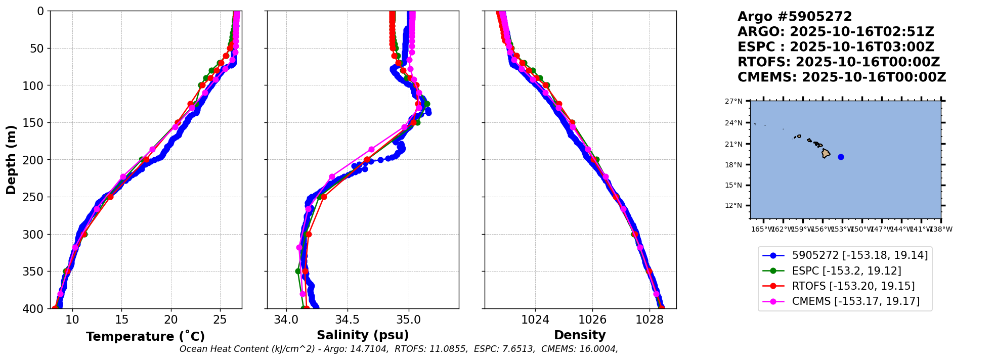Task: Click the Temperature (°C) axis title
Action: coord(145,337)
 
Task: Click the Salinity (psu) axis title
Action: coord(363,335)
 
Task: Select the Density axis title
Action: coord(580,335)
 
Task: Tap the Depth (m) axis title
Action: coord(11,160)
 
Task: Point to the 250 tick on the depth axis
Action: coord(36,197)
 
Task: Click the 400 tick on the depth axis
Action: coord(36,308)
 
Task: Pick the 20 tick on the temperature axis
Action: coord(171,320)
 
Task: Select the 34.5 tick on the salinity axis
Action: coord(348,320)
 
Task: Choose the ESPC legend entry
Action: coord(846,271)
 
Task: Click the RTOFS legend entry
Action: coord(852,286)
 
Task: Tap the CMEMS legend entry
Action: coord(855,301)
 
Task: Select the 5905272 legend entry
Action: coord(859,255)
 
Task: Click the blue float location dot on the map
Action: coord(841,157)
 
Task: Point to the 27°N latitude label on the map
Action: coord(733,101)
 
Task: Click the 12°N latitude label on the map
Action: coord(733,205)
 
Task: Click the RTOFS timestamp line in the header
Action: coord(838,62)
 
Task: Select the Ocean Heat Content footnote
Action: coord(399,349)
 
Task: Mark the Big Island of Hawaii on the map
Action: coord(826,153)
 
